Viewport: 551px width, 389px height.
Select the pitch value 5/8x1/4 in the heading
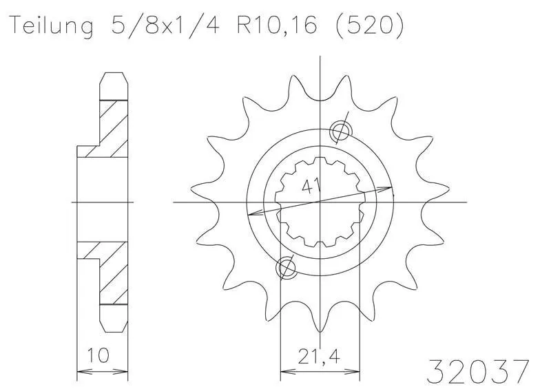click(x=165, y=25)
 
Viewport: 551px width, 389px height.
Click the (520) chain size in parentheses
click(x=370, y=26)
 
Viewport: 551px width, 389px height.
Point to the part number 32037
click(x=478, y=371)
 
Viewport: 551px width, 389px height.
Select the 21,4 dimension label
click(x=320, y=357)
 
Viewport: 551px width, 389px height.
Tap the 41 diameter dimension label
click(x=311, y=187)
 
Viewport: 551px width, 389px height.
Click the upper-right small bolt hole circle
click(x=340, y=132)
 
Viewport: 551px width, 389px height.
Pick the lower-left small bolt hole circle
click(x=287, y=268)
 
